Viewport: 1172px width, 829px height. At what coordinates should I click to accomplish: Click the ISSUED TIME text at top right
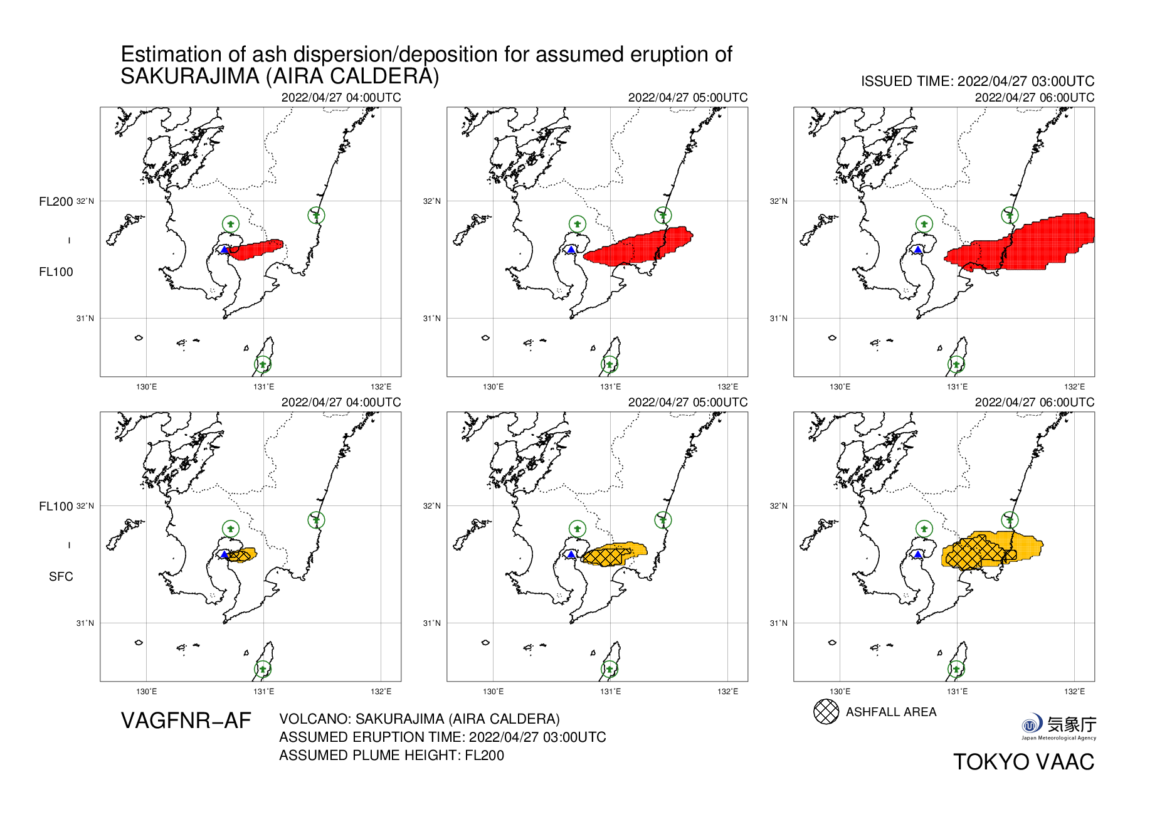click(x=977, y=82)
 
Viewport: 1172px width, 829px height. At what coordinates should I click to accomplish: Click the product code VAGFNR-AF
click(x=186, y=721)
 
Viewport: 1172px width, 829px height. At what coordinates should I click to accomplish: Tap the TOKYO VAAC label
click(x=1023, y=762)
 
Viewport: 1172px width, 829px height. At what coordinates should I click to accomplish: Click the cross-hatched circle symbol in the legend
click(x=826, y=712)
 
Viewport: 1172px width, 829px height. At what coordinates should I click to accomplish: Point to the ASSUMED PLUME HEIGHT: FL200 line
click(x=391, y=756)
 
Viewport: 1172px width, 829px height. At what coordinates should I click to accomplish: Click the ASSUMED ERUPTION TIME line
click(x=442, y=737)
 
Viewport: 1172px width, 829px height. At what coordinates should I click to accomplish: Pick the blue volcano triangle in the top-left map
click(x=224, y=250)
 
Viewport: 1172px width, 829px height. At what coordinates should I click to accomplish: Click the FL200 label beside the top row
click(x=56, y=201)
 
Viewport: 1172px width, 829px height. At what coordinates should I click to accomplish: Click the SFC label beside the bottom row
click(x=61, y=577)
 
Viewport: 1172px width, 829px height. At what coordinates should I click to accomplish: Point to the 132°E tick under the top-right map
click(x=1074, y=387)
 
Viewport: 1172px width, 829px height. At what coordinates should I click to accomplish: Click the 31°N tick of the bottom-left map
click(x=85, y=623)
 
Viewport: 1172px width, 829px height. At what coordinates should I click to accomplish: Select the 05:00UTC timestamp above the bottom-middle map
click(x=687, y=403)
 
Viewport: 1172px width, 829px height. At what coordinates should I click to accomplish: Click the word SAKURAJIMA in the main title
click(x=189, y=77)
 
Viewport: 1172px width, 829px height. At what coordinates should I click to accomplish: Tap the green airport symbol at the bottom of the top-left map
click(x=263, y=364)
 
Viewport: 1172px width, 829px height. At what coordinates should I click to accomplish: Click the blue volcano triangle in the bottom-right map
click(x=917, y=554)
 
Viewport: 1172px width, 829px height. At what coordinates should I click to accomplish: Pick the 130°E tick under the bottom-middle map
click(x=493, y=692)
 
